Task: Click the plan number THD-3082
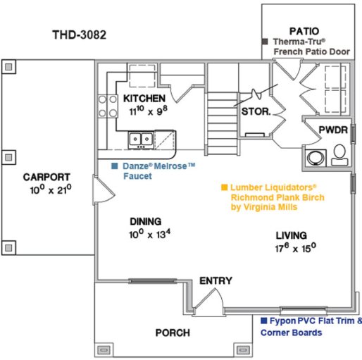click(80, 35)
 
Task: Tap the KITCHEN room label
click(144, 99)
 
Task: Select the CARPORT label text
click(46, 177)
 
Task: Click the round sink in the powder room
click(316, 157)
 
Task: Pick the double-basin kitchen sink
click(141, 139)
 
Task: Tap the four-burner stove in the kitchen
click(108, 106)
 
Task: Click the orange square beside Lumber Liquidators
click(224, 187)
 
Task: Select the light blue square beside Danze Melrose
click(115, 166)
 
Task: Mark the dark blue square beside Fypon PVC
click(264, 321)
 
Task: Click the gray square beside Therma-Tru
click(265, 42)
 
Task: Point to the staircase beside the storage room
click(222, 123)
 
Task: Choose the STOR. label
click(256, 111)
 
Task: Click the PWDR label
click(333, 130)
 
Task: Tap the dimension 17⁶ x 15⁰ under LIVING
click(295, 248)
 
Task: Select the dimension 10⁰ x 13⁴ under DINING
click(150, 234)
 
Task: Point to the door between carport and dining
click(104, 190)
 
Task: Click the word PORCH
click(173, 333)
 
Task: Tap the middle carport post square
click(8, 157)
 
